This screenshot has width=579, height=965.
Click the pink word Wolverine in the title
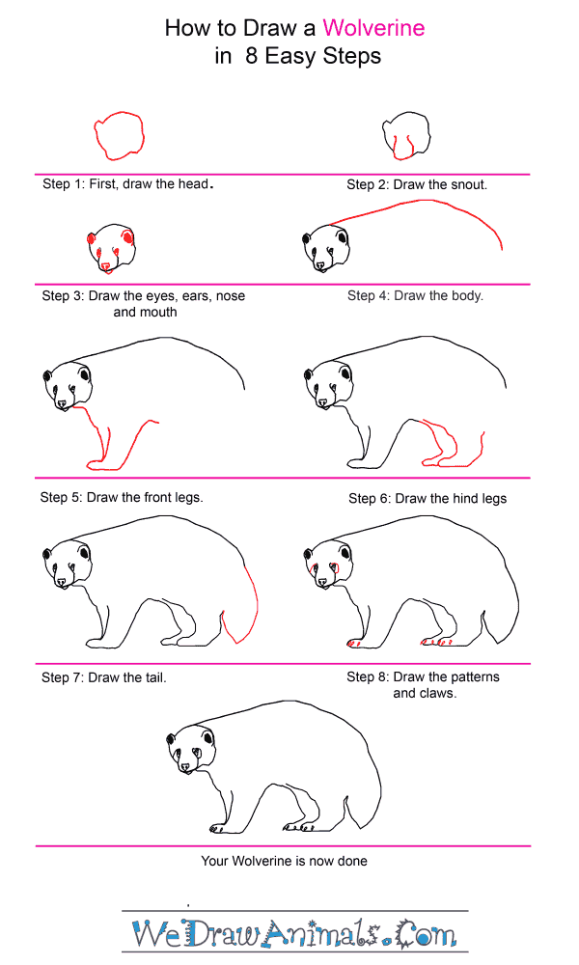(373, 28)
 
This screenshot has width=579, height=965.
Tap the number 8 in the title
(251, 56)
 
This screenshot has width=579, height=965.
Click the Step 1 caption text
(128, 184)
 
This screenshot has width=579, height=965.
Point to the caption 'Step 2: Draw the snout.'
(417, 184)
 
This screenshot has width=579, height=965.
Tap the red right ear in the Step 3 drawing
(128, 237)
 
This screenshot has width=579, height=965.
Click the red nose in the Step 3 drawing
(106, 266)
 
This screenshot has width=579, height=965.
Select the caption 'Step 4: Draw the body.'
(415, 295)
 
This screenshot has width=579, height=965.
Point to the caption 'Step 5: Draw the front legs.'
(122, 497)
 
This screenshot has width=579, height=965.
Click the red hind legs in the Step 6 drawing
(453, 444)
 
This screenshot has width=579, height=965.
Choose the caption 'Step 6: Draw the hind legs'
(427, 499)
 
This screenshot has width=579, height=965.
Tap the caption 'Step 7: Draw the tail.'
(104, 677)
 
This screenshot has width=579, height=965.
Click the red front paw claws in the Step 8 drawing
(353, 643)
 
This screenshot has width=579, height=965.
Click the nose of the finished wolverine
(185, 767)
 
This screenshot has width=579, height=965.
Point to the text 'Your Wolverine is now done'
(285, 861)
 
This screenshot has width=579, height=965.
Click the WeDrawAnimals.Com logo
(294, 933)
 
